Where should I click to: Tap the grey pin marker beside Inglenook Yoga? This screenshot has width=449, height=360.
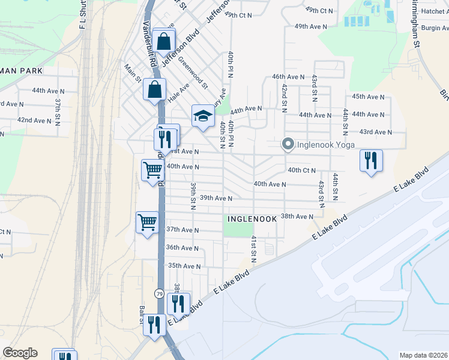288,145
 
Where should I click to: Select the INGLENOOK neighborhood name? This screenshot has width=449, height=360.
252,219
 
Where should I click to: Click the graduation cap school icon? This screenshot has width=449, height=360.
203,115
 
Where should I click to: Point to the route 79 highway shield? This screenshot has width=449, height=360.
158,293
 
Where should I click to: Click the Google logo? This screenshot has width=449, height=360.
20,353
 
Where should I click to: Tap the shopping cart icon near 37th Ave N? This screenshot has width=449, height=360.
147,223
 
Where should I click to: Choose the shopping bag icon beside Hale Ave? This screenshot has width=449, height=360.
155,89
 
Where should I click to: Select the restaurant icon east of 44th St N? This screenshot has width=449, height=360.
371,160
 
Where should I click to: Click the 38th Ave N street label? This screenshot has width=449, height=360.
297,216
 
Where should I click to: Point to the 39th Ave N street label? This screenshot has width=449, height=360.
216,198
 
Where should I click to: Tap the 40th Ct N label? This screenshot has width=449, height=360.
301,170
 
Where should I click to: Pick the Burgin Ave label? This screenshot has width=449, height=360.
435,28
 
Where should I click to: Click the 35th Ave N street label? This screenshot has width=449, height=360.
183,265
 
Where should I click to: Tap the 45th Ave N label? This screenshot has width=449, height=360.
368,97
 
